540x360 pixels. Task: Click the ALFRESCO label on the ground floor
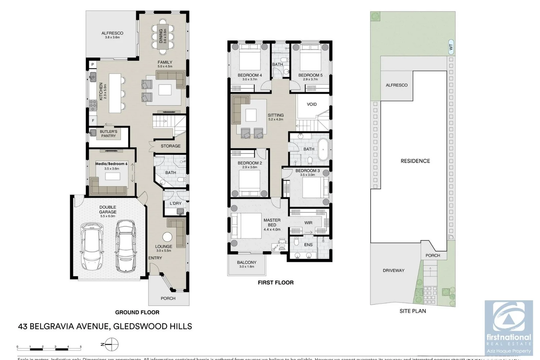(x=112, y=33)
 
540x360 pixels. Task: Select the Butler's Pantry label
(x=108, y=134)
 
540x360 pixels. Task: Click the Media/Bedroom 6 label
(x=111, y=164)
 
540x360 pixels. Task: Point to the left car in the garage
(x=92, y=246)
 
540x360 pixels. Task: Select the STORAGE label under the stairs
(x=170, y=146)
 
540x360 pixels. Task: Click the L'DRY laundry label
(x=176, y=203)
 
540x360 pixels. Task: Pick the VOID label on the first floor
(x=312, y=104)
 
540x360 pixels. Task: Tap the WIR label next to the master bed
(x=308, y=223)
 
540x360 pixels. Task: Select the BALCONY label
(x=247, y=263)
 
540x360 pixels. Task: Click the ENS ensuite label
(x=308, y=245)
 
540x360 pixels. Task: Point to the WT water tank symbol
(x=451, y=47)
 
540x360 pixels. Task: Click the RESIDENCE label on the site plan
(x=415, y=161)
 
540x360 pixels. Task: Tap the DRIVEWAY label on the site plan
(x=393, y=270)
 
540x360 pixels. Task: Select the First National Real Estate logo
(x=509, y=327)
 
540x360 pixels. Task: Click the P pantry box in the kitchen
(x=93, y=64)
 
